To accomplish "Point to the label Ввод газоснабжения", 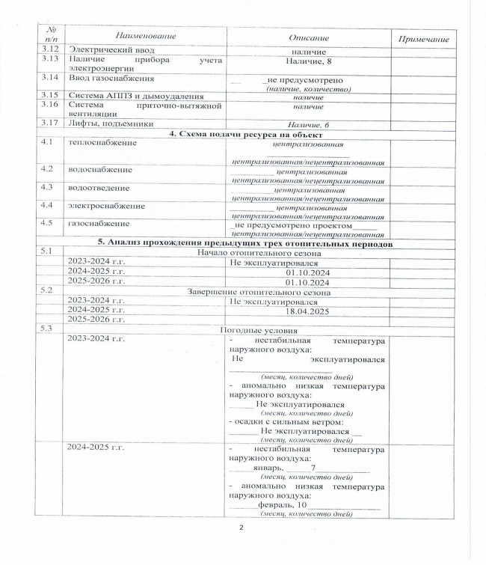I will pyautogui.click(x=111, y=77).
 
